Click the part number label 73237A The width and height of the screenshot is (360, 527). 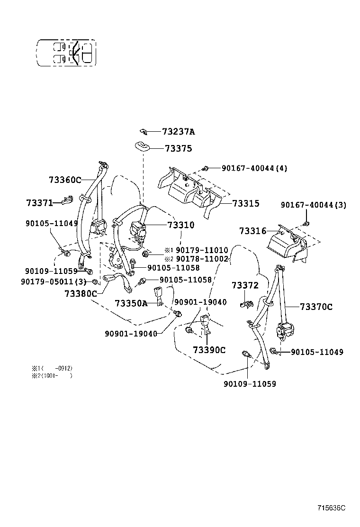tap(179, 132)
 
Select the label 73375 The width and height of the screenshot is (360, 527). tap(178, 149)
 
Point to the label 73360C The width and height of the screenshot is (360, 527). tap(65, 180)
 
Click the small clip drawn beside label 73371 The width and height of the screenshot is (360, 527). tap(66, 201)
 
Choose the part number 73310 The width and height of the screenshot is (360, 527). tap(180, 226)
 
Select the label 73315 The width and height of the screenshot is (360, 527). tap(246, 203)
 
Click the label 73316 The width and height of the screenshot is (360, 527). tap(253, 231)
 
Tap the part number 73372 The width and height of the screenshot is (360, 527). tap(245, 285)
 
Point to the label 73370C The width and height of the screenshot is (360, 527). tap(316, 307)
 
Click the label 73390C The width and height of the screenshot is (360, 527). tap(209, 350)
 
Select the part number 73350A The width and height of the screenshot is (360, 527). tap(131, 303)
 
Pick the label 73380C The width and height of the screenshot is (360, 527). tap(81, 293)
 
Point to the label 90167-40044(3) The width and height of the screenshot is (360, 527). tap(313, 205)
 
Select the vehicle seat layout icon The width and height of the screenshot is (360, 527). tap(66, 52)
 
